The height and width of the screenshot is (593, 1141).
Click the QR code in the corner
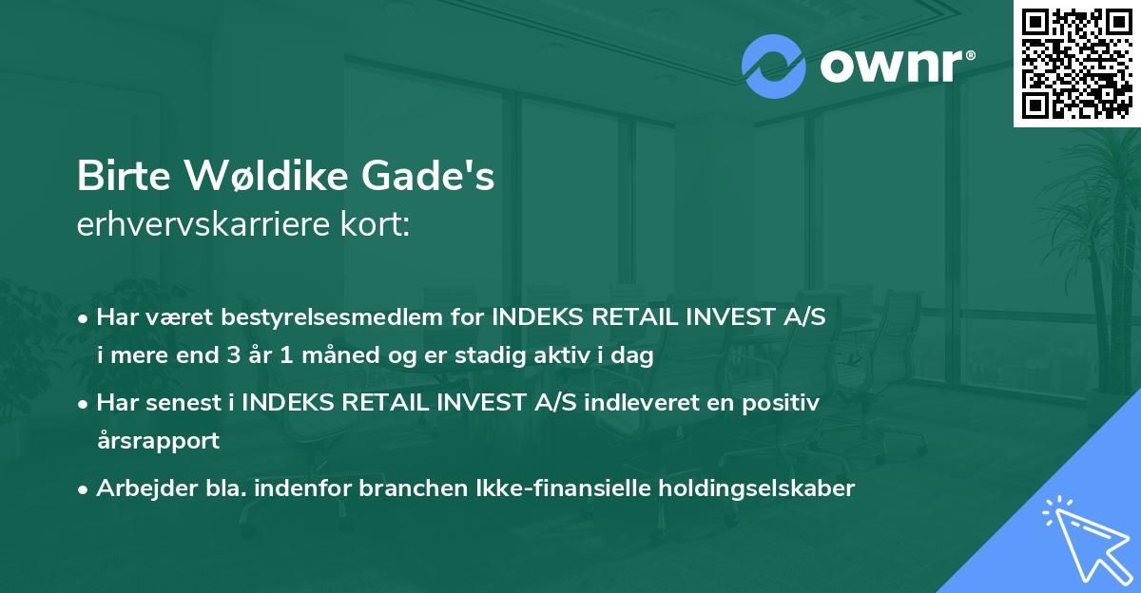1077,63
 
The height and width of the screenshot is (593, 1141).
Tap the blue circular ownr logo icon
773,66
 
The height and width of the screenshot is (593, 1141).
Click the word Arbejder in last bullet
142,488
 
